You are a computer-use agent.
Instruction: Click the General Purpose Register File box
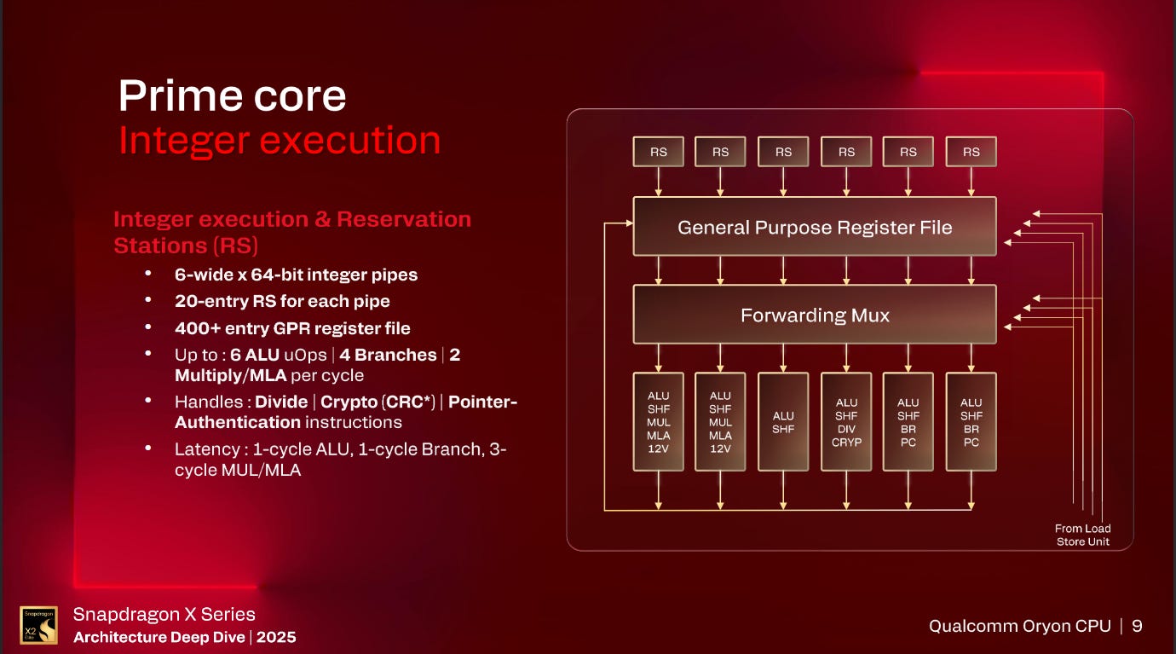point(814,227)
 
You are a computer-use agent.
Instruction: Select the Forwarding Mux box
point(814,315)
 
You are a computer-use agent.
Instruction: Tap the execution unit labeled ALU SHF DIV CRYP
point(846,422)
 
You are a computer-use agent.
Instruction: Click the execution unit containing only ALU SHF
point(783,422)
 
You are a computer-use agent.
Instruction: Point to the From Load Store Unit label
point(1082,535)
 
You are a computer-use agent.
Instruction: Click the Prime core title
point(232,95)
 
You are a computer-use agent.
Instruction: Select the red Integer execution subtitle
point(280,141)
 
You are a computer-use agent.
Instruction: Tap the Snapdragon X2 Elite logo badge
point(39,624)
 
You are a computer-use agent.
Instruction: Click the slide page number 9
point(1137,626)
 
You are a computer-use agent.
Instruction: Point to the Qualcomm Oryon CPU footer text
point(1019,626)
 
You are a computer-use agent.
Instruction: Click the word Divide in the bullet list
point(280,402)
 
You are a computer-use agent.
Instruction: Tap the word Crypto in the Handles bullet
point(349,402)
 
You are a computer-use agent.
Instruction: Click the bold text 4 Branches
point(388,355)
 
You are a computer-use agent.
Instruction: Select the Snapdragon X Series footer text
point(164,614)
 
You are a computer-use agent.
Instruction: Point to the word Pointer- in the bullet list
point(482,402)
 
